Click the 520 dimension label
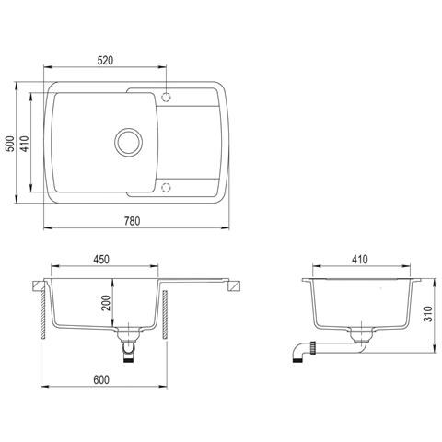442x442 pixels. (105, 61)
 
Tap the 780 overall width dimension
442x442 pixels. (132, 221)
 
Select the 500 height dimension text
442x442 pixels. (10, 144)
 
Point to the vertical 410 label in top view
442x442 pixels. (25, 144)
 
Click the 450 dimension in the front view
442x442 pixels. (101, 260)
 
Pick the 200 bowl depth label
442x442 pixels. (106, 303)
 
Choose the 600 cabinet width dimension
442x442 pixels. (101, 380)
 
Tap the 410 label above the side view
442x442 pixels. (360, 260)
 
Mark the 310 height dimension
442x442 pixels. (427, 314)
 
